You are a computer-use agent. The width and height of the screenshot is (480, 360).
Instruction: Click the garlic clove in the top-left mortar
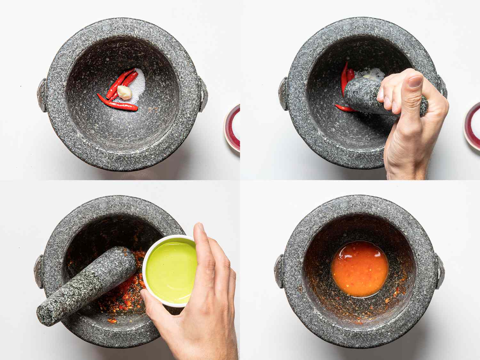[x=125, y=92]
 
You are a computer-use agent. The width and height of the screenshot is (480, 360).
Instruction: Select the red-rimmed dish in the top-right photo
[x=473, y=125]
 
